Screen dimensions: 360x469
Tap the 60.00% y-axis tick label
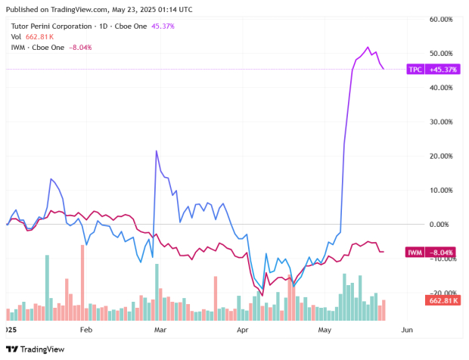(x=440, y=19)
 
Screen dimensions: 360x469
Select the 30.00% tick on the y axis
(x=440, y=122)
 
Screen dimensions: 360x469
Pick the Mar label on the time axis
(x=160, y=331)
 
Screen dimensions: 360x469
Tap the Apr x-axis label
(x=242, y=331)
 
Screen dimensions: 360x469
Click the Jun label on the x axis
(x=406, y=331)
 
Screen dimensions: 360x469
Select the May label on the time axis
(x=325, y=331)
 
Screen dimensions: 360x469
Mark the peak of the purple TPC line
(x=368, y=48)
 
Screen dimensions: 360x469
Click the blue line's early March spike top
(x=156, y=151)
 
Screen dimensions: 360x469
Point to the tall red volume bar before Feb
(x=81, y=246)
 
